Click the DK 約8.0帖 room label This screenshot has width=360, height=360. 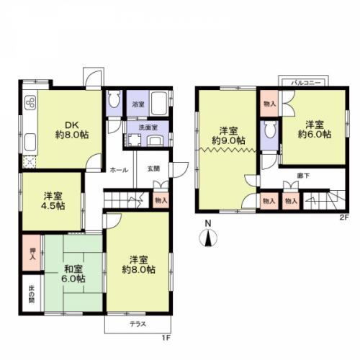point(72,130)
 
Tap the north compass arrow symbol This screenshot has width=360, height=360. point(208,238)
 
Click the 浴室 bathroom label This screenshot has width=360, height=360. point(138,104)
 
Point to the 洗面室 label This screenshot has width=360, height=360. point(148,127)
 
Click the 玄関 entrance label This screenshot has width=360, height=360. point(153,168)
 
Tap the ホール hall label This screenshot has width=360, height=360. point(119,170)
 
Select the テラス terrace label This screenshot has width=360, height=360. point(138,324)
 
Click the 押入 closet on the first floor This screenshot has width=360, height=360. point(32,254)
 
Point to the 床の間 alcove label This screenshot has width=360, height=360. point(32,294)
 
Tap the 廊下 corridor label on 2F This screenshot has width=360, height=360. point(303,176)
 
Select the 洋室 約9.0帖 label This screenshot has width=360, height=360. point(228,135)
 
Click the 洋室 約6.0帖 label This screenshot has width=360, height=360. point(315,130)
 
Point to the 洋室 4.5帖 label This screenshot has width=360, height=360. point(54,201)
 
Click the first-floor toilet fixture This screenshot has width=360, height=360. point(114,99)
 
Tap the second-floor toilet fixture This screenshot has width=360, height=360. point(270,129)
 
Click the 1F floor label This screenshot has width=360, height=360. point(166,338)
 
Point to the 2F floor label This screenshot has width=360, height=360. point(343,217)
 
